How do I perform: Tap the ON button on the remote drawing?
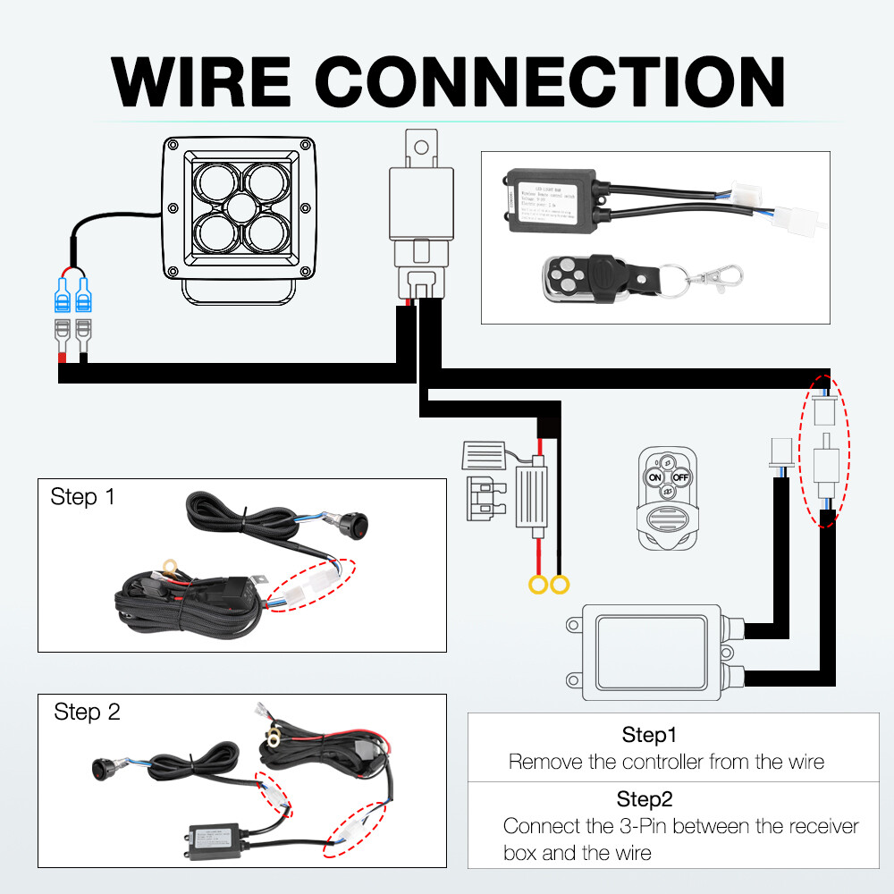point(655,477)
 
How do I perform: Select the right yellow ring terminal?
point(561,586)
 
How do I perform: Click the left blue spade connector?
point(64,294)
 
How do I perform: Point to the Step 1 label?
point(82,497)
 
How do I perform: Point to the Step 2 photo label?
point(87,713)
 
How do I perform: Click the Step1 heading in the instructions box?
point(650,736)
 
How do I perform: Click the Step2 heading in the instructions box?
point(645,798)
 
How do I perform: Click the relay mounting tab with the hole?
point(419,146)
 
